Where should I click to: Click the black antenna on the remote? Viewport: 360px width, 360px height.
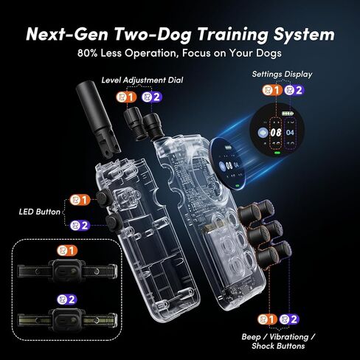(97, 118)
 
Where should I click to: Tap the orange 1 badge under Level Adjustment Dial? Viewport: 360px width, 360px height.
(126, 97)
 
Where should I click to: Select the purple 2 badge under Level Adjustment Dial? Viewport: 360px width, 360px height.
(152, 97)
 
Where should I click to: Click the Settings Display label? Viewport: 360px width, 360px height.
(282, 74)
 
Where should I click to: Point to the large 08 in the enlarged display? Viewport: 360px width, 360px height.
(276, 133)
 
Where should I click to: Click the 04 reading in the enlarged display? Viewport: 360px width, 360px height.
(290, 133)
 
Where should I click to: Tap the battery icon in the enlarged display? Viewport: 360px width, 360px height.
(288, 114)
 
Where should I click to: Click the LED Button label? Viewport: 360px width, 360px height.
(40, 212)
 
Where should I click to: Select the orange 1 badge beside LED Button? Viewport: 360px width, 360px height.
(80, 200)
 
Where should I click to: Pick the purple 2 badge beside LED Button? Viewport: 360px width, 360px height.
(80, 225)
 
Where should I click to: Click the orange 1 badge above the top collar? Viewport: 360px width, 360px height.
(67, 251)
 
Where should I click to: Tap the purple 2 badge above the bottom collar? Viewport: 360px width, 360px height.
(67, 300)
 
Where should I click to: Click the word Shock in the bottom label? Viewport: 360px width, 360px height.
(263, 346)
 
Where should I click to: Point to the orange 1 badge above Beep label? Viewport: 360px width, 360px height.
(268, 319)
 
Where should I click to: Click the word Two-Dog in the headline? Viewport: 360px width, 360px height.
(153, 34)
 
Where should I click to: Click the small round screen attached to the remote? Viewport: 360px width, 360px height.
(228, 164)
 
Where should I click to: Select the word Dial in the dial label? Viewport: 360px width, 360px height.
(176, 80)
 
